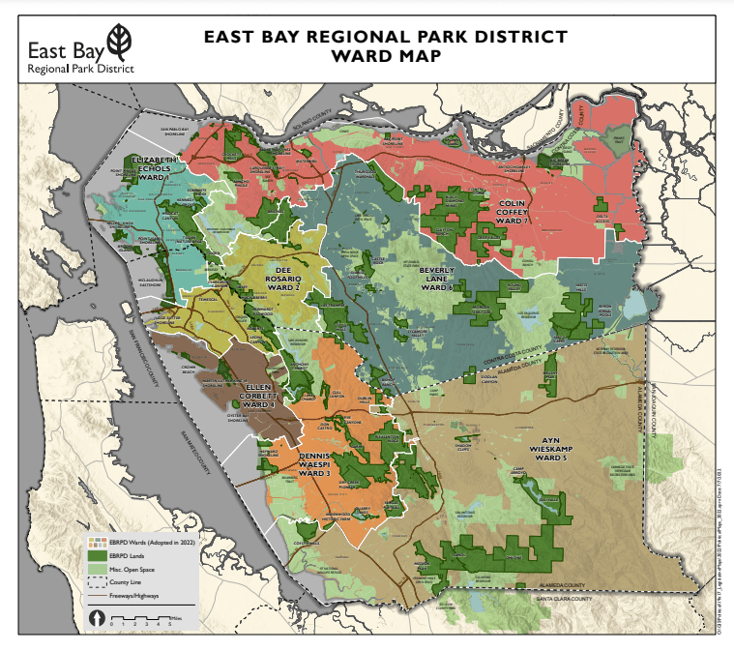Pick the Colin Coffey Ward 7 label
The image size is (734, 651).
(513, 212)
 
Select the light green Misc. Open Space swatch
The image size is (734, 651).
(95, 571)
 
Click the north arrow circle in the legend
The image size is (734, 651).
(97, 617)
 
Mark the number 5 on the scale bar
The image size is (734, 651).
(170, 625)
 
